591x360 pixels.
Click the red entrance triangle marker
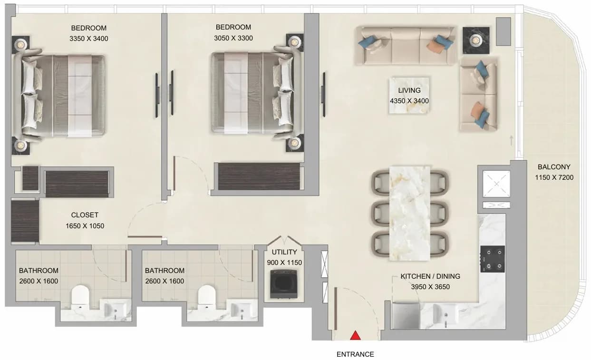coord(355,335)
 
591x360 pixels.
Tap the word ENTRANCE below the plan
coord(355,354)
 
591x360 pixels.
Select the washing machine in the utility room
coord(284,284)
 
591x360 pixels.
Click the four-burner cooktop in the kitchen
coord(492,259)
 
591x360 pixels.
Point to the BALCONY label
coord(554,167)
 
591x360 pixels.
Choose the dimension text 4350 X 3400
coord(409,101)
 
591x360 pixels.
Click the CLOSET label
coord(85,215)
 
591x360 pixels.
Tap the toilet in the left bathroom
coord(80,297)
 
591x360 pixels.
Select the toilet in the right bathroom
coord(206,297)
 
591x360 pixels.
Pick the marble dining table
coord(410,213)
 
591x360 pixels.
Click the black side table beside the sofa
coord(476,40)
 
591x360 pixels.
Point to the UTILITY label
coord(284,252)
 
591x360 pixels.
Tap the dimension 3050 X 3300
coord(233,38)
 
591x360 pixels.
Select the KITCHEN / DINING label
coord(430,276)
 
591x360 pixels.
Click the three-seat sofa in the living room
coord(406,46)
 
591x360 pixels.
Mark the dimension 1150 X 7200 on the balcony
coord(554,177)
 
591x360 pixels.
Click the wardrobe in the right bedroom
coord(259,176)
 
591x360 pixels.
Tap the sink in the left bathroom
coord(116,310)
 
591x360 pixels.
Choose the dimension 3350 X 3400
coord(88,39)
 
